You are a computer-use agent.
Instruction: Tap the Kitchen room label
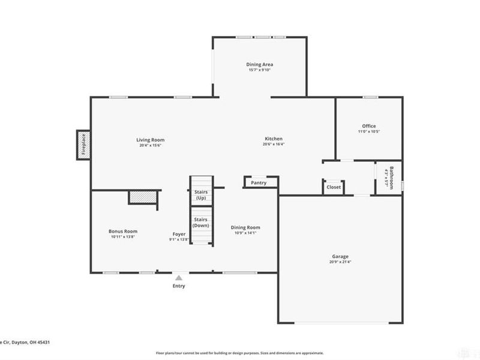point(274,139)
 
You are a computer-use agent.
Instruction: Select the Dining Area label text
point(260,64)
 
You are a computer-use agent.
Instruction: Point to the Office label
point(368,126)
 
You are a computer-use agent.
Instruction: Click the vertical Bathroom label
point(391,178)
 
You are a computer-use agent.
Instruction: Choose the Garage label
point(338,256)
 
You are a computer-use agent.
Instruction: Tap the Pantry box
point(259,182)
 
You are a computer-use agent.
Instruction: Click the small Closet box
point(333,187)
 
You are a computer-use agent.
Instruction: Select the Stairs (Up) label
point(201,194)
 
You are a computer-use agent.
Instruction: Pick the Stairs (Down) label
point(201,223)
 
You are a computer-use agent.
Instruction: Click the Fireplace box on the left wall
point(83,145)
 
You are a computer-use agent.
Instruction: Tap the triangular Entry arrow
point(179,278)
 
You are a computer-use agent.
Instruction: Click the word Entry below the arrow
point(179,286)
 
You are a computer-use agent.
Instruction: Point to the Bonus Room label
point(123,231)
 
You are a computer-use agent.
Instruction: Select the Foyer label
point(179,233)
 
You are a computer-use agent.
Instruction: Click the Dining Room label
point(245,227)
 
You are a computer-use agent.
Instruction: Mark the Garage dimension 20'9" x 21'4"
point(338,262)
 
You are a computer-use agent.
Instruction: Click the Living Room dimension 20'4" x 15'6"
point(150,145)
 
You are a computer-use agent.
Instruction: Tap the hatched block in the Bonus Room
point(145,197)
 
